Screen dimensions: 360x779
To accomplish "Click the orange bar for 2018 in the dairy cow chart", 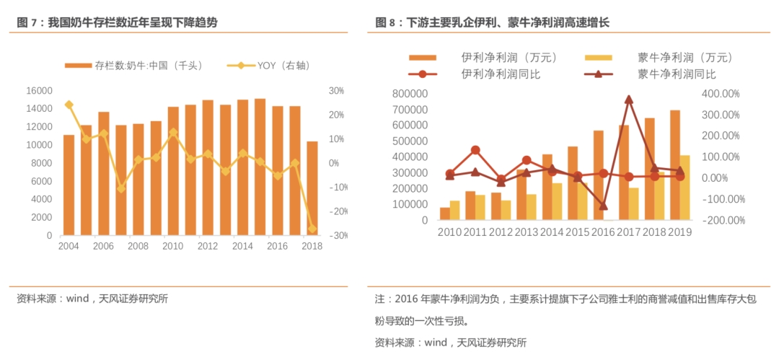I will pos(312,188).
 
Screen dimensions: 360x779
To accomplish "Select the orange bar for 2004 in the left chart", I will pos(69,185).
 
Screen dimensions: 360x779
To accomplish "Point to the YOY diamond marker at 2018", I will pos(312,229).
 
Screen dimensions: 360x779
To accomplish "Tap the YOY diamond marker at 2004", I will pos(69,105).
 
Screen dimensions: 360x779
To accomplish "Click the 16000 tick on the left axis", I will pos(39,91).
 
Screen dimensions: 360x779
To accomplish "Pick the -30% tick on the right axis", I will pos(338,236).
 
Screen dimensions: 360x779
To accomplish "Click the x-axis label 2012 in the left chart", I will pos(208,247).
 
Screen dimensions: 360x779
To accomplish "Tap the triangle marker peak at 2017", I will pos(629,100).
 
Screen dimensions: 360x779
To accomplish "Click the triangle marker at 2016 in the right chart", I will pos(603,206).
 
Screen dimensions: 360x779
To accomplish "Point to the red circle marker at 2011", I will pos(475,150).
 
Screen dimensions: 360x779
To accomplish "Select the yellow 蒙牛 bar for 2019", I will pos(685,188).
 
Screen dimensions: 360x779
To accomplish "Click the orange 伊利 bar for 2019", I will pos(675,165).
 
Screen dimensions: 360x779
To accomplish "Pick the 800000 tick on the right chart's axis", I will pos(410,95).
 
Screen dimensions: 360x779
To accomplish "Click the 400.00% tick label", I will pos(721,95).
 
